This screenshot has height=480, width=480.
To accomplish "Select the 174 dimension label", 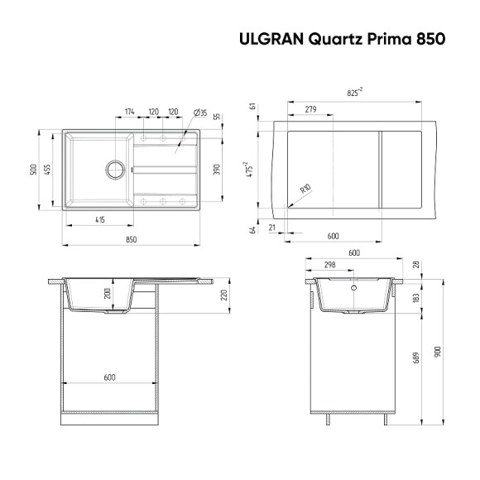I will tap(130, 112).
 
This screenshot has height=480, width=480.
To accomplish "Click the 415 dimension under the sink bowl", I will tap(99, 219).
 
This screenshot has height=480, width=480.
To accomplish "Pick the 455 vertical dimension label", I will tap(49, 169).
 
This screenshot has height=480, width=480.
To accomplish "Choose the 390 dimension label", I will tap(217, 170).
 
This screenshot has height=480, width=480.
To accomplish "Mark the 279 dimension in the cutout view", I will tap(310, 109).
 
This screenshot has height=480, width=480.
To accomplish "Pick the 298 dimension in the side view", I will tap(329, 265).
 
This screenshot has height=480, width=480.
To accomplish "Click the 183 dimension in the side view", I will tap(417, 296).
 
